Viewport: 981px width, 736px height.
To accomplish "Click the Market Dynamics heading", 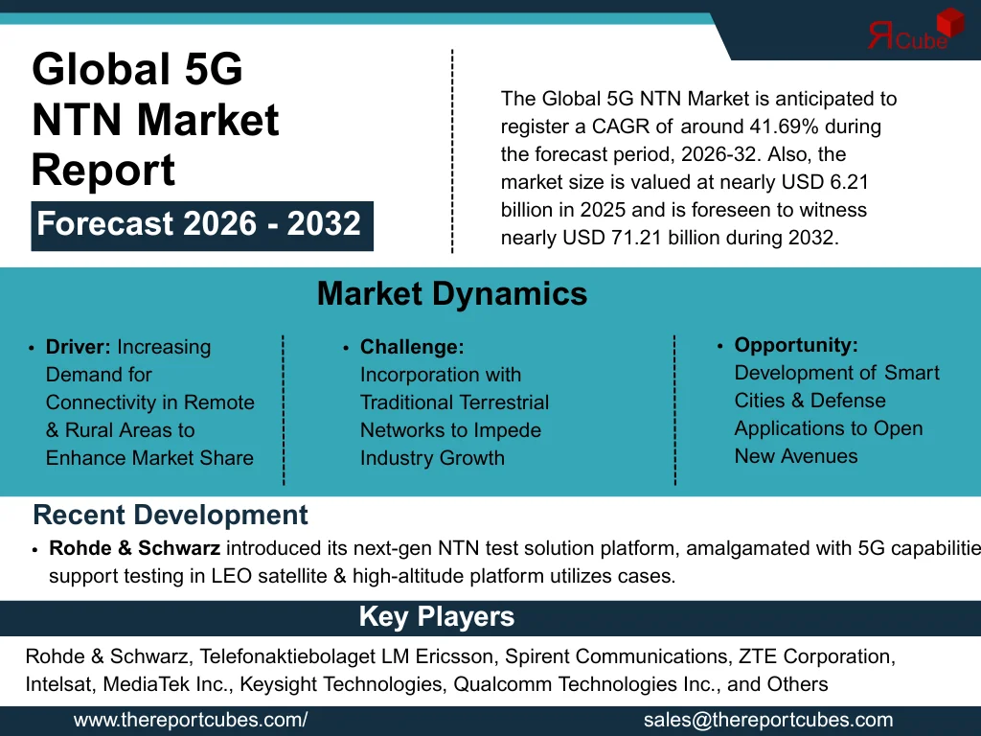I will point(451,293).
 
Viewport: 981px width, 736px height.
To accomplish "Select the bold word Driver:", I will point(79,347).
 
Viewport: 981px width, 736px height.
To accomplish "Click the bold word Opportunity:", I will point(796,345).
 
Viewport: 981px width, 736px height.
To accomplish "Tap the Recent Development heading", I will point(171,516).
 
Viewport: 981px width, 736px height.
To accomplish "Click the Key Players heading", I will point(436,617).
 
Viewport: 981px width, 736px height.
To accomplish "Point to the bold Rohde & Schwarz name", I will point(135,549).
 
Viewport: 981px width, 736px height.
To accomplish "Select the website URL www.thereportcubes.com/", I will point(191,721).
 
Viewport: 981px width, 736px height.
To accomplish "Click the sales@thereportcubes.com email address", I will point(768,721).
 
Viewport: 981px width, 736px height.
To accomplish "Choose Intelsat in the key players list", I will point(56,685).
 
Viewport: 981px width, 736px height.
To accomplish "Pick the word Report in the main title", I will point(103,171).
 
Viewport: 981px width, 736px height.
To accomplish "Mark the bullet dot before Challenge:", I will point(346,349).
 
